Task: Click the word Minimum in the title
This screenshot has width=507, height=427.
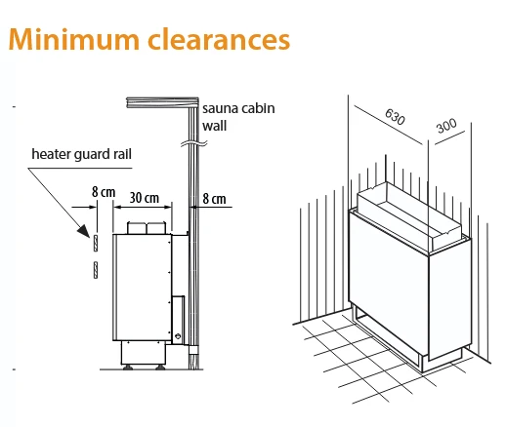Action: click(x=74, y=40)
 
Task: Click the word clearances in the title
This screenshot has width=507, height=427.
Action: click(x=219, y=40)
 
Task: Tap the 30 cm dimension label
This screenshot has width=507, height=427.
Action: click(x=145, y=198)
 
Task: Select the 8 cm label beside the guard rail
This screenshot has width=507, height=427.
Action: click(x=104, y=192)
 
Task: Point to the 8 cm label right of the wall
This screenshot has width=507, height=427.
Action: click(x=214, y=199)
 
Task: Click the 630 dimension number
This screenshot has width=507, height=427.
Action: click(x=395, y=116)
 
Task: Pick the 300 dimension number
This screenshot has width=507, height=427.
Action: click(x=446, y=126)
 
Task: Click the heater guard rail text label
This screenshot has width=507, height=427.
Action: click(x=82, y=154)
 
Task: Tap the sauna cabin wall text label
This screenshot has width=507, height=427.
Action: click(x=238, y=117)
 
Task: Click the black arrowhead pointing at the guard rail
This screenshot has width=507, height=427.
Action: click(x=83, y=231)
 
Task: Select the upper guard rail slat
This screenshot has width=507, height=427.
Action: click(x=96, y=243)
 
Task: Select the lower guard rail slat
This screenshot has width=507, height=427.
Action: click(x=96, y=270)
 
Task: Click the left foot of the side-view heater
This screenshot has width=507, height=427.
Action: click(x=127, y=368)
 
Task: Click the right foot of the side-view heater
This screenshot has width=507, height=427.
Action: click(x=160, y=368)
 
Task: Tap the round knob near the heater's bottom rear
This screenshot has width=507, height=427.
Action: click(x=178, y=336)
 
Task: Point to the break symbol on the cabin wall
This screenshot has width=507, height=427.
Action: click(x=194, y=143)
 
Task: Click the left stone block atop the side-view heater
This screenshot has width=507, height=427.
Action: click(x=137, y=228)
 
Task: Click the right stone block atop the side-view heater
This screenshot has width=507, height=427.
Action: click(x=156, y=228)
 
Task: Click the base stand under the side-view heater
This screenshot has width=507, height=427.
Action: click(x=144, y=353)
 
